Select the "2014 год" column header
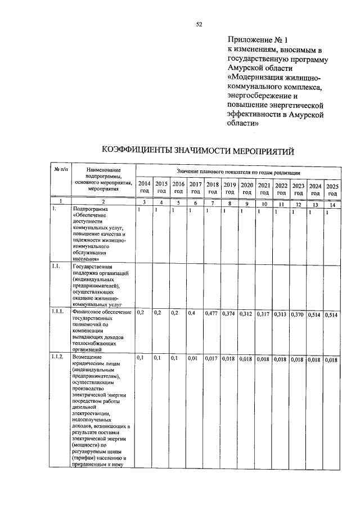(x=144, y=188)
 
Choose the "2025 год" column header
(x=333, y=190)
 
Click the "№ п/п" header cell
(x=60, y=169)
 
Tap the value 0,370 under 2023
(x=298, y=314)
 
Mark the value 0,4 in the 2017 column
(x=193, y=313)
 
